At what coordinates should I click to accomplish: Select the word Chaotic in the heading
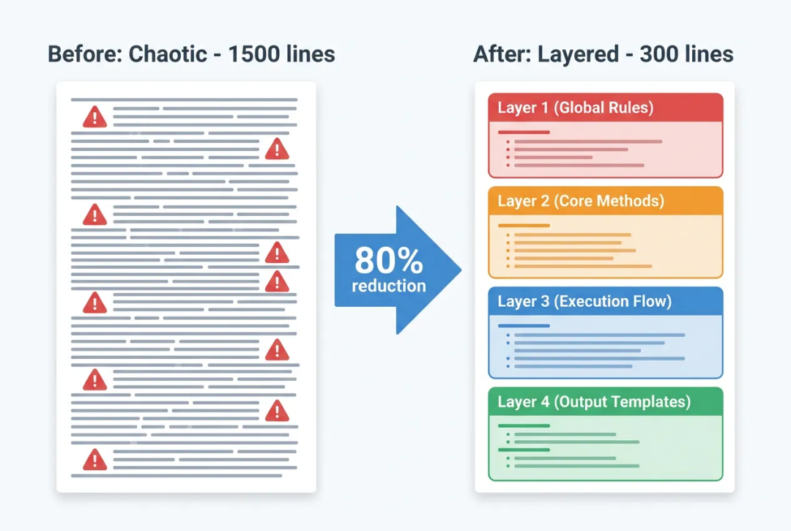168,54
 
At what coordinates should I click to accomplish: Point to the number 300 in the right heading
659,54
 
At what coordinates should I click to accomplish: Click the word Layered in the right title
578,54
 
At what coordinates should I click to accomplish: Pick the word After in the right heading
502,54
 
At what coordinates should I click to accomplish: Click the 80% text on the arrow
388,260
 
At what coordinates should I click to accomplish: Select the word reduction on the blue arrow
388,286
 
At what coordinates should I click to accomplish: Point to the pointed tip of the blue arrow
461,270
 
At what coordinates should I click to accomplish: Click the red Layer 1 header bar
606,108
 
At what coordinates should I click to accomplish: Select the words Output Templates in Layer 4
625,401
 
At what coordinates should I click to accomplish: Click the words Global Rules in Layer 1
607,108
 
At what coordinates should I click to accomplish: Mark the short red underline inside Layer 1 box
524,132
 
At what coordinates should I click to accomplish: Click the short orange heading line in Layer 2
524,226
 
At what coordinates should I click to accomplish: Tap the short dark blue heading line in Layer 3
524,326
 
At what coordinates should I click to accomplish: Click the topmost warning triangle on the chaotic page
94,117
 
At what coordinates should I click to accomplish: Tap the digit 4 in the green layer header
545,402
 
